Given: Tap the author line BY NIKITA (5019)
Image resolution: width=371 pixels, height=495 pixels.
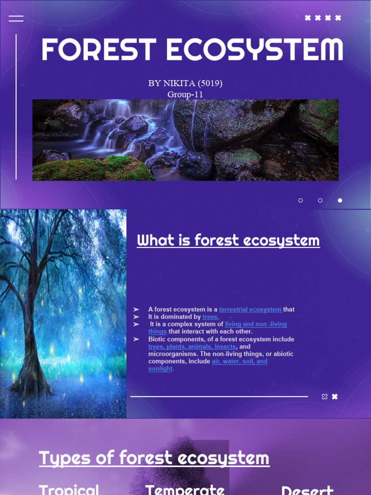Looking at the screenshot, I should pos(185,83).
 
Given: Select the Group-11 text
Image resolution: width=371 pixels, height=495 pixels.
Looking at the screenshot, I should pos(185,94).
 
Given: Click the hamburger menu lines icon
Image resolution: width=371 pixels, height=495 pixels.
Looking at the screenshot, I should pos(16,18).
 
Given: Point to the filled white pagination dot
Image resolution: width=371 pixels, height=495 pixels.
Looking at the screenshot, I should pos(340,200).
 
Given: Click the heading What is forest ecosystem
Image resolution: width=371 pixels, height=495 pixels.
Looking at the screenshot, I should pos(228,240).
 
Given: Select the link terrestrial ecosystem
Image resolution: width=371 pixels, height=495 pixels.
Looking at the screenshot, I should pos(250,309).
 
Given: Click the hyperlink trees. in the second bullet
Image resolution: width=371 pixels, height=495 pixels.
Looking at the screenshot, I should pos(211,317).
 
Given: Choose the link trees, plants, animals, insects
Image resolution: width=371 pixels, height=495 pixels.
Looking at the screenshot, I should pos(192,347).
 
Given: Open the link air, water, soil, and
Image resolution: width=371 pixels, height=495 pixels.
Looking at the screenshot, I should pos(239,361).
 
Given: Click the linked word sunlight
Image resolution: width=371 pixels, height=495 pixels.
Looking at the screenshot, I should pos(160,369).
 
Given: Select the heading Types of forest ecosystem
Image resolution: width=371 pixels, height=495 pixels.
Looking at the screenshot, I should pos(154,458).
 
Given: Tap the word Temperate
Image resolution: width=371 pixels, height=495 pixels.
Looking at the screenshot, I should pos(185,489).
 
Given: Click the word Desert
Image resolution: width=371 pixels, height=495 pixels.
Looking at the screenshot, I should pos(307,490).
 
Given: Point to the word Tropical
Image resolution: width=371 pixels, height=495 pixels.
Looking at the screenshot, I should pos(69,489).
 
